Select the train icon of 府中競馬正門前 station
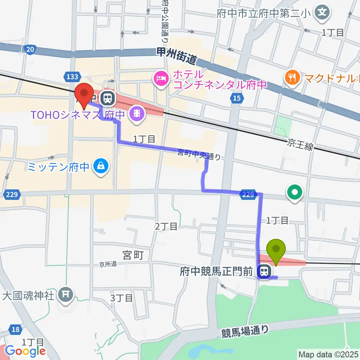pos(265,271)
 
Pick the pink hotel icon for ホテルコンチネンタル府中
pos(160,79)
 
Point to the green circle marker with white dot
pos(295,193)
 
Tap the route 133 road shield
pos(71,77)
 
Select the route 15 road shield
pos(235,98)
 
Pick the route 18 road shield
pos(15,330)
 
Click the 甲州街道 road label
pos(177,56)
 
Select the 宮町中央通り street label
pos(199,154)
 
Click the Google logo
pos(25,351)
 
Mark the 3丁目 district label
pos(122,298)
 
